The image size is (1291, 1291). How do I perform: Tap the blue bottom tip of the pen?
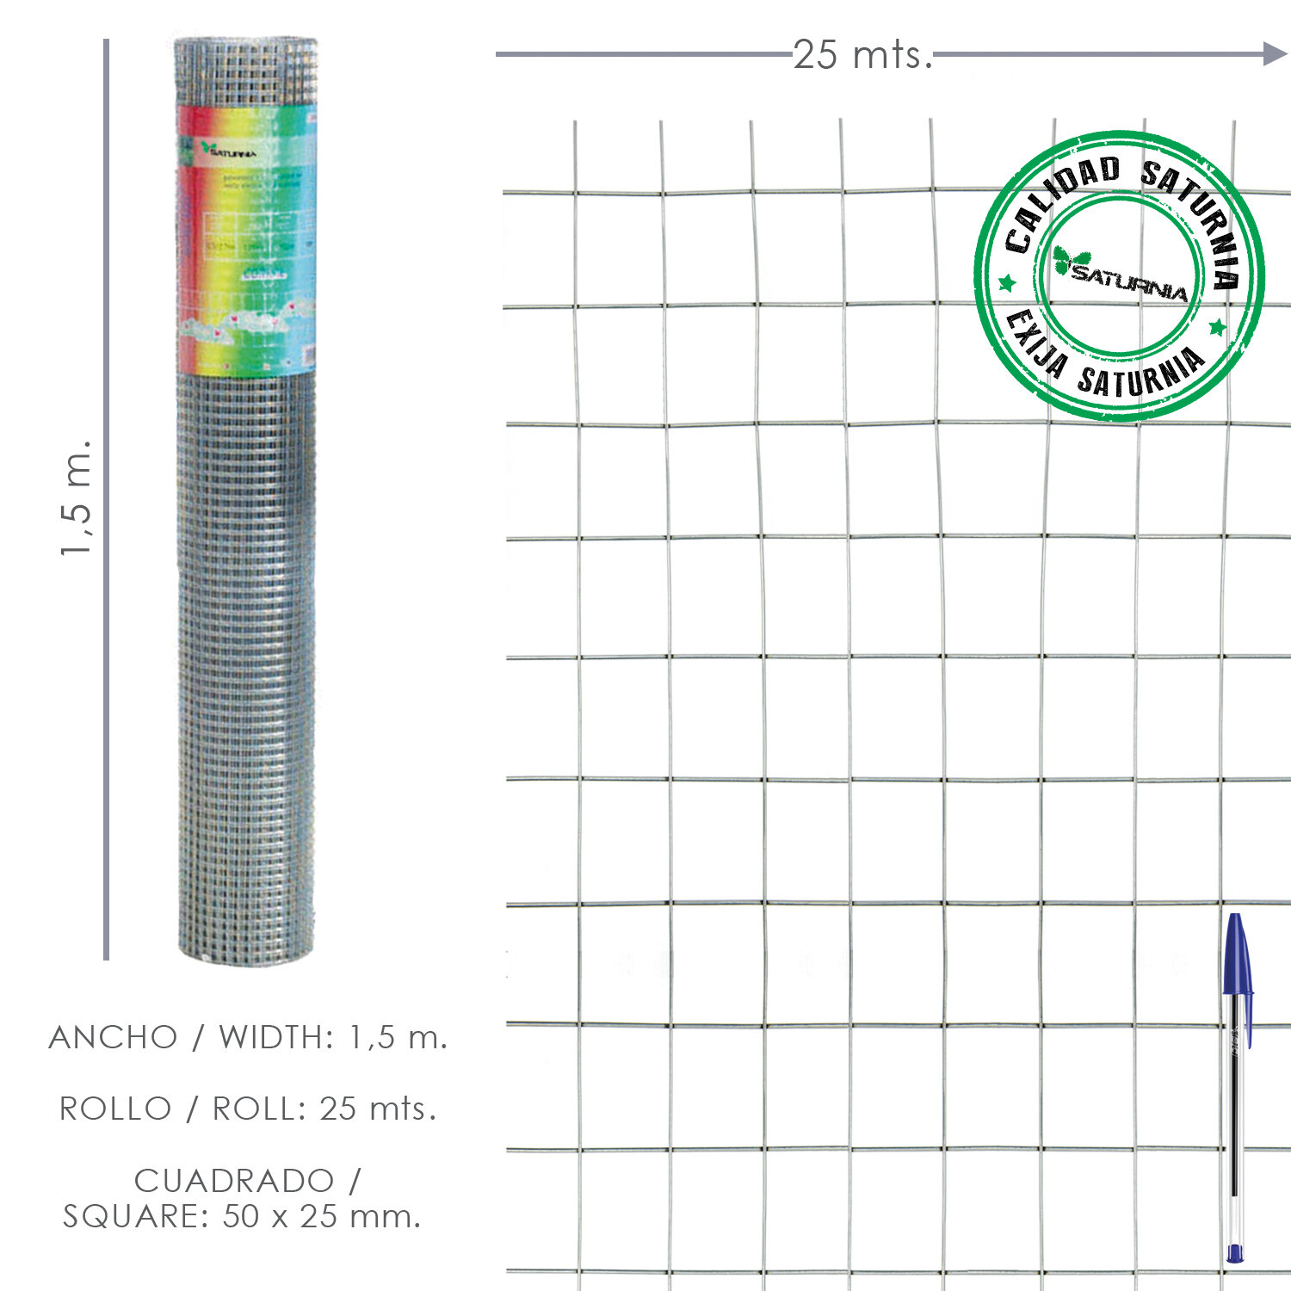1235,1253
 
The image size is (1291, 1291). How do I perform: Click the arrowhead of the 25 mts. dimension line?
1275,54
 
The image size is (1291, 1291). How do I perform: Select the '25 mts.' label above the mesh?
862,55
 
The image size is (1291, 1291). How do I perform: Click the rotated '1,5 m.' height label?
76,497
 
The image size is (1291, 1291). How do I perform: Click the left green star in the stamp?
1006,283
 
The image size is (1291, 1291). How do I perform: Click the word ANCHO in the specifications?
113,1037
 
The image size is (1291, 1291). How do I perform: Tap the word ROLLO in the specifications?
115,1109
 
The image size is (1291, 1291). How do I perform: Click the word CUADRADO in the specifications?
233,1180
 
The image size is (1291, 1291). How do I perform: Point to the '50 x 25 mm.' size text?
321,1216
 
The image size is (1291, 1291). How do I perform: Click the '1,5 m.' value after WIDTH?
398,1037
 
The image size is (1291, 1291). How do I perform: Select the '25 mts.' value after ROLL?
378,1109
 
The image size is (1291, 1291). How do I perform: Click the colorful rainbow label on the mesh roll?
246,241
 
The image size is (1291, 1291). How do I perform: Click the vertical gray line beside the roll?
106,499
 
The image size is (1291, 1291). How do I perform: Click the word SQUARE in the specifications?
136,1216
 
